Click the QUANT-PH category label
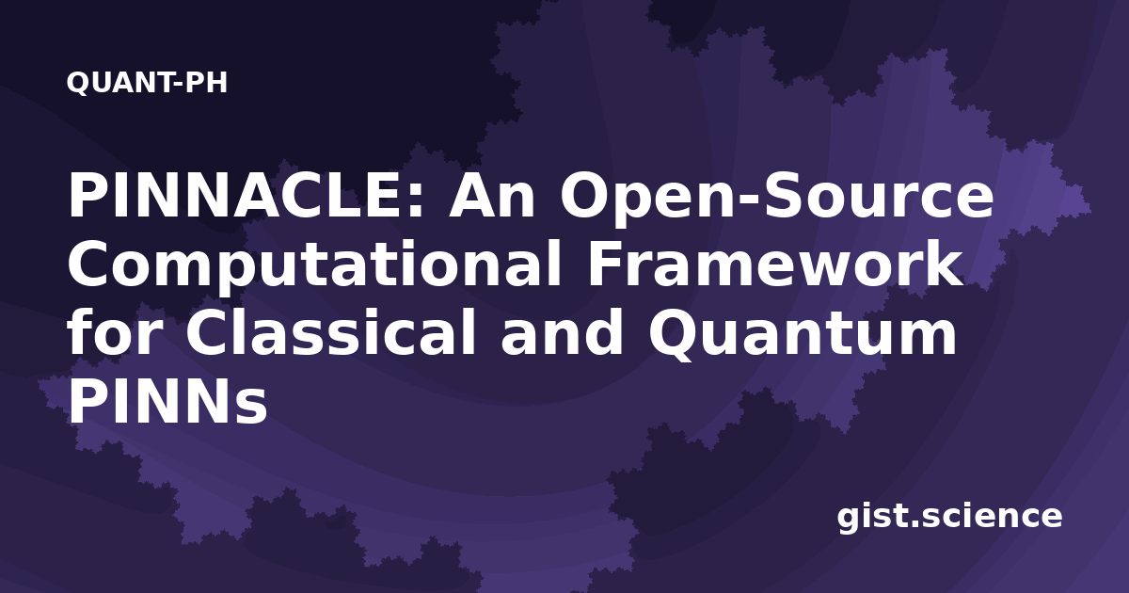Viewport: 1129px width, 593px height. [x=147, y=83]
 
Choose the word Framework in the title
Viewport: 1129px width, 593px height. [x=775, y=264]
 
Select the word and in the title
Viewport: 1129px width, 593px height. [x=562, y=333]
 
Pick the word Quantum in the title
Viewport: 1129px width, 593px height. [x=803, y=335]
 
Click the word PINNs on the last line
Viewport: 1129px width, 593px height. [x=167, y=402]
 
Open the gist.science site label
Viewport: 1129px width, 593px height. [x=949, y=517]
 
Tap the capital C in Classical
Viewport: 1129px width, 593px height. [x=206, y=334]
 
